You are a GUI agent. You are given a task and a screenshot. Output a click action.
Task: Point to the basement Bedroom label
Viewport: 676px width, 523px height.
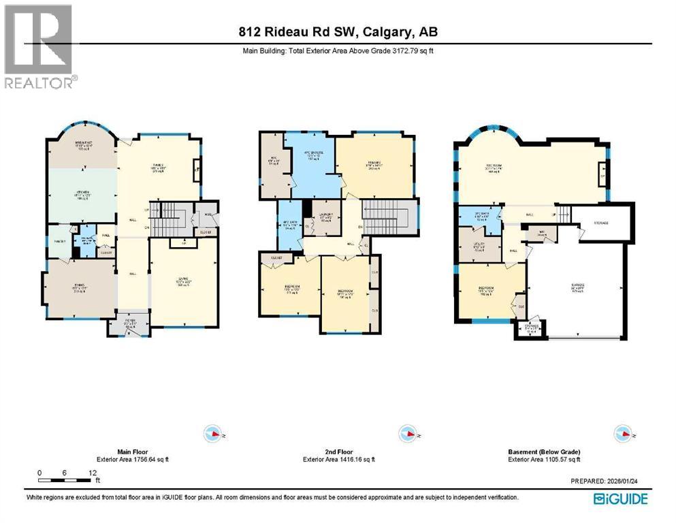pyautogui.click(x=486, y=293)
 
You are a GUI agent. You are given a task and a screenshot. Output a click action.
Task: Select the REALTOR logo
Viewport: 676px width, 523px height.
pyautogui.click(x=39, y=47)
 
